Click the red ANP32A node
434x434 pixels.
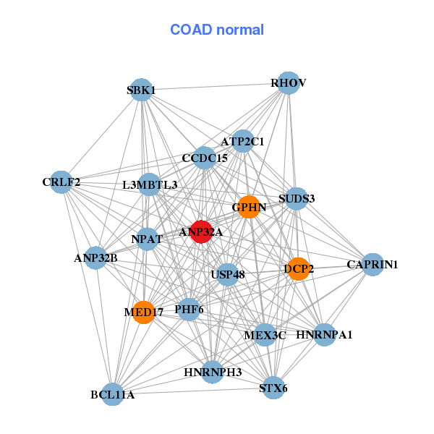(x=201, y=232)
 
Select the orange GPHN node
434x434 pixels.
(x=249, y=207)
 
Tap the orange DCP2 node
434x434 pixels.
(x=298, y=269)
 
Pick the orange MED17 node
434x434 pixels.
(x=143, y=312)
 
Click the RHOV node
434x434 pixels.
(x=289, y=83)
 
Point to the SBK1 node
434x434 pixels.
(x=142, y=90)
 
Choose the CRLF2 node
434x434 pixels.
(x=61, y=182)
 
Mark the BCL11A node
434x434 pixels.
(x=113, y=394)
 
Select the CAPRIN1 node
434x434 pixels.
(x=373, y=265)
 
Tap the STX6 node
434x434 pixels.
(x=273, y=388)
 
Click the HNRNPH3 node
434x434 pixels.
(x=213, y=372)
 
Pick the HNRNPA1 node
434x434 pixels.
(x=324, y=335)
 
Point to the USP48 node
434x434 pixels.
(x=227, y=275)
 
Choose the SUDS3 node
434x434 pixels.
(x=297, y=199)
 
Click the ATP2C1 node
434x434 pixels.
(x=243, y=141)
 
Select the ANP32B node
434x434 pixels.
(x=95, y=258)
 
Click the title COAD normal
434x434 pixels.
(x=217, y=30)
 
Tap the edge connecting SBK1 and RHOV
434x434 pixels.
(x=215, y=86)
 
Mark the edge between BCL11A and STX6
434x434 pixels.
(x=193, y=391)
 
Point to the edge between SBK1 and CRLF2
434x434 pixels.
(x=101, y=136)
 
